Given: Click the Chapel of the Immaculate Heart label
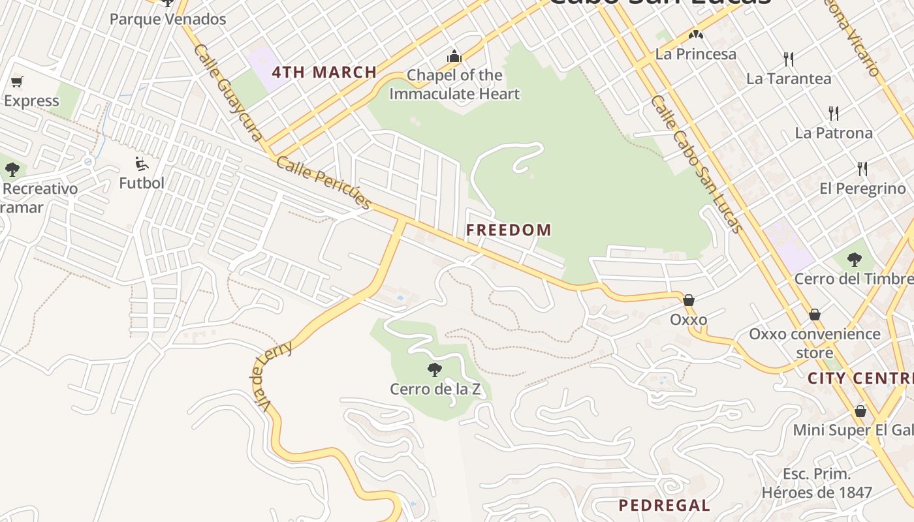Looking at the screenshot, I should pyautogui.click(x=454, y=85).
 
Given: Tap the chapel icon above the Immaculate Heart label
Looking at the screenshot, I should pyautogui.click(x=454, y=57).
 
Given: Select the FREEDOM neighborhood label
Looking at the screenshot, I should pyautogui.click(x=509, y=230).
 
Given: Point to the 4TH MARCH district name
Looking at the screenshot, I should pyautogui.click(x=324, y=72).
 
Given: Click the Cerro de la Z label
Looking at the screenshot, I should pyautogui.click(x=435, y=390).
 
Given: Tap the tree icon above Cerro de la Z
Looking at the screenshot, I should pyautogui.click(x=435, y=370).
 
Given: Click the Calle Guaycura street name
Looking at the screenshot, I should pyautogui.click(x=228, y=92).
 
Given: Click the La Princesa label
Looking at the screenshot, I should pyautogui.click(x=696, y=54).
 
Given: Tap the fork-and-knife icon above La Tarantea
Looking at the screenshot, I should pyautogui.click(x=789, y=59).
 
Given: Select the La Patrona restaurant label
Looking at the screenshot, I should pyautogui.click(x=834, y=133).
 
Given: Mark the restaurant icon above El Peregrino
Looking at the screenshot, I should pyautogui.click(x=862, y=169).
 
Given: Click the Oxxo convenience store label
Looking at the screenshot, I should pyautogui.click(x=814, y=343).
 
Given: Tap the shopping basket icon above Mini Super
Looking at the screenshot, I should pyautogui.click(x=860, y=411).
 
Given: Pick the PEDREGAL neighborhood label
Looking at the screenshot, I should pyautogui.click(x=664, y=505).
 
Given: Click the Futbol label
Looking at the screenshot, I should pyautogui.click(x=142, y=183).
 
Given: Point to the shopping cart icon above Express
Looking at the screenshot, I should pyautogui.click(x=17, y=82).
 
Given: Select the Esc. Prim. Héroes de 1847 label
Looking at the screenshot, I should pyautogui.click(x=817, y=483).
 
